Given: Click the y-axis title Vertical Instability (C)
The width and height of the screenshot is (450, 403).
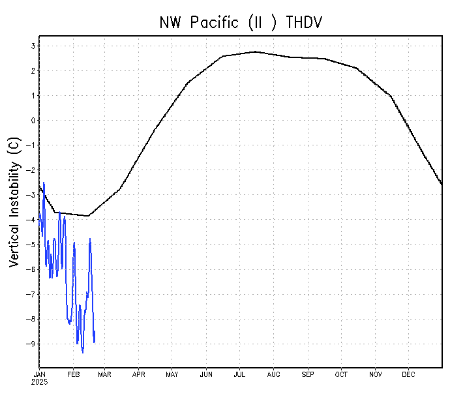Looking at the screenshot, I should click(14, 201).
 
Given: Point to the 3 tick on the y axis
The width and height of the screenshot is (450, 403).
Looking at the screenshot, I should click(31, 46).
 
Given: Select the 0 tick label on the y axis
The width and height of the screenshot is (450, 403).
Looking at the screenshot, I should click(31, 121).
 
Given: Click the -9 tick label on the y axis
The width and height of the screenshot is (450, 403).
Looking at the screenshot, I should click(29, 344).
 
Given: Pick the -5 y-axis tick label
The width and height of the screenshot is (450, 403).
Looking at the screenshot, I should click(29, 245).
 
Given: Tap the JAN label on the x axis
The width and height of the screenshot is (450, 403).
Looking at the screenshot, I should click(39, 374).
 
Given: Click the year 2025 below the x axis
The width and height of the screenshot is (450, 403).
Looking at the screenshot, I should click(39, 382).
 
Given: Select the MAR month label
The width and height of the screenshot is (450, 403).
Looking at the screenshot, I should click(105, 374).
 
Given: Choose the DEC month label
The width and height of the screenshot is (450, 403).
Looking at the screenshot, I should click(408, 374).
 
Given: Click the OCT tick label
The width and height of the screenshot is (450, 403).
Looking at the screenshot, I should click(341, 374).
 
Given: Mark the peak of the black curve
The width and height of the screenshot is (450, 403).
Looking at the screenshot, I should click(255, 52).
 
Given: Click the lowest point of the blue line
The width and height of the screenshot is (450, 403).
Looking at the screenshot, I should click(82, 353).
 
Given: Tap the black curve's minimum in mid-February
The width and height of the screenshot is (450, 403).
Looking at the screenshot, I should click(88, 216).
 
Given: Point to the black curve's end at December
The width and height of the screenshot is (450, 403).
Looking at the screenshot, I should click(442, 185).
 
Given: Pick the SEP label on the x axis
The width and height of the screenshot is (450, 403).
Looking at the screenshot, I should click(307, 374).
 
